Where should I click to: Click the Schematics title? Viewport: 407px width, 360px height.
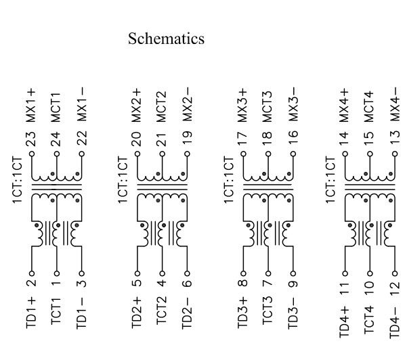(166, 39)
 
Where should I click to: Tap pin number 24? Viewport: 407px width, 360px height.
(56, 139)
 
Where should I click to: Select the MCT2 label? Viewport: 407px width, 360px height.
(161, 106)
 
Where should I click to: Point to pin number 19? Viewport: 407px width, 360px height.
(188, 139)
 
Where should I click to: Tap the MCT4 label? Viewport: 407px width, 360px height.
(370, 106)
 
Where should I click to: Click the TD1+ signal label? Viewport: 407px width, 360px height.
(31, 315)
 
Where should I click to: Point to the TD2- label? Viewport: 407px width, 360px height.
(188, 316)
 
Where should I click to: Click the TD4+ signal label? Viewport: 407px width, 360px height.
(345, 319)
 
